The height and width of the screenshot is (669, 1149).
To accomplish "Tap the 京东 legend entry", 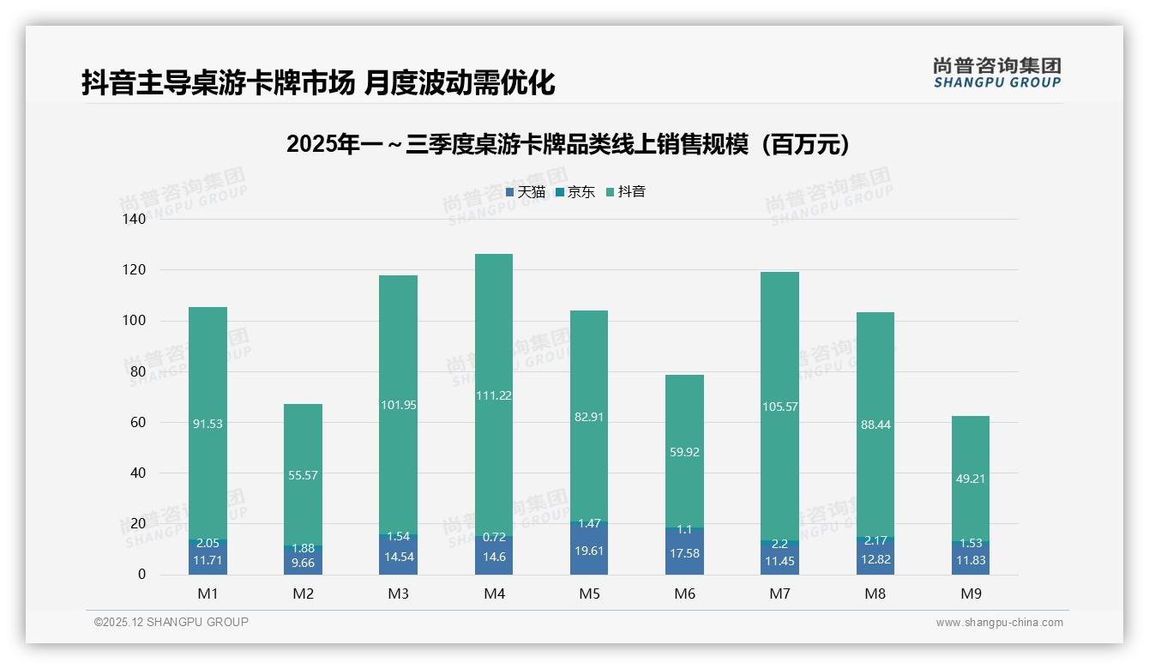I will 575,192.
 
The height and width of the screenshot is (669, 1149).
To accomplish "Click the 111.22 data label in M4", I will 493,395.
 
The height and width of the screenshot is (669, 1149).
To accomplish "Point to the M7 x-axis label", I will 779,594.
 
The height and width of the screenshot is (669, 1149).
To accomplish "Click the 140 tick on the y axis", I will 135,219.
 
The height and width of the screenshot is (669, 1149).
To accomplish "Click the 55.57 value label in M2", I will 303,475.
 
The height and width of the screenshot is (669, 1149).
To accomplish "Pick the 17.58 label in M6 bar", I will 683,553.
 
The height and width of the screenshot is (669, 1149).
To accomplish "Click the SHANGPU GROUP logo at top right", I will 996,73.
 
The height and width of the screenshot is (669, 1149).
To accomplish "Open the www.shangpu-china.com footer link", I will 999,623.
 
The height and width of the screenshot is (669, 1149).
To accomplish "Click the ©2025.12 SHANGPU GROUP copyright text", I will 171,622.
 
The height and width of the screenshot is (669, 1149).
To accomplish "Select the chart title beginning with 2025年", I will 568,144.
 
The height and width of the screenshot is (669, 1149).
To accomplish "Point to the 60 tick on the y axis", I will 138,422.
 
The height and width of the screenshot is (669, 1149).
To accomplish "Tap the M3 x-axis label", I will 398,594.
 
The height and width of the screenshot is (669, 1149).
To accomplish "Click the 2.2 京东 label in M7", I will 779,544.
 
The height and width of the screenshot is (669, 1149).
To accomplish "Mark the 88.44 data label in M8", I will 875,425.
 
